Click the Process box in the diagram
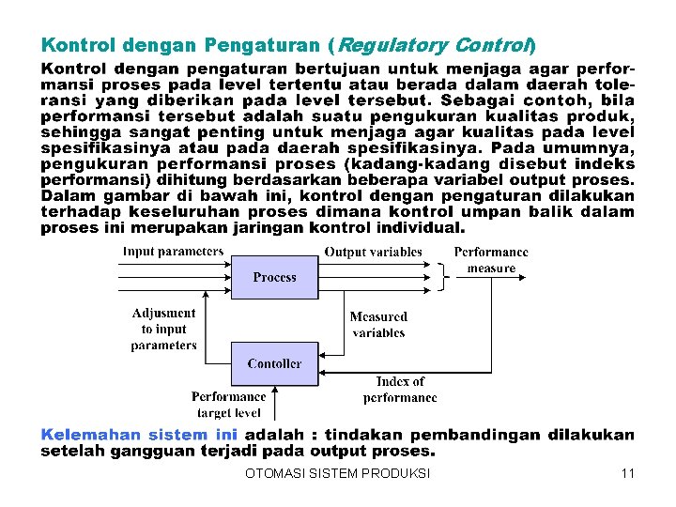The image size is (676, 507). click(274, 278)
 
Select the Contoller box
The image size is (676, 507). click(274, 363)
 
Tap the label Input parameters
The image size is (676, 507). click(174, 252)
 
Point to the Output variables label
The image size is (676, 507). click(373, 252)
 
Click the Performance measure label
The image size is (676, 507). click(491, 260)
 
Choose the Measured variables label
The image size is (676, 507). click(378, 325)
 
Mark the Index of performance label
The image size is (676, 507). click(400, 390)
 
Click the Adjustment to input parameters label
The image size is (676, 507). click(164, 330)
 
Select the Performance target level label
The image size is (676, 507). click(229, 405)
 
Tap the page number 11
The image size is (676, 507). click(627, 473)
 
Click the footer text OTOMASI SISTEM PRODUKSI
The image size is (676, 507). click(337, 473)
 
